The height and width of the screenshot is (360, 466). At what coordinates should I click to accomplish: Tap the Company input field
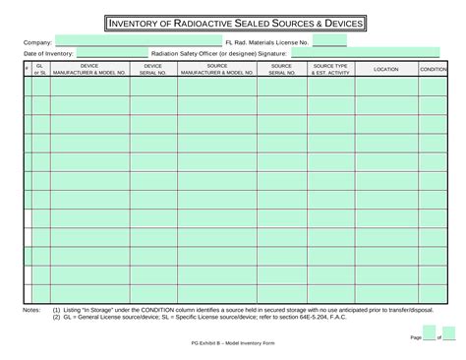pyautogui.click(x=138, y=42)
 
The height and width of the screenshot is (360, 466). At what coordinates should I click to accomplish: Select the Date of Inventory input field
pyautogui.click(x=112, y=54)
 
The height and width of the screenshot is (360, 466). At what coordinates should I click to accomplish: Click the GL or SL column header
pyautogui.click(x=40, y=70)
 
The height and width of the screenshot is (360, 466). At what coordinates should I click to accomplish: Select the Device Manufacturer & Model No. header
pyautogui.click(x=89, y=70)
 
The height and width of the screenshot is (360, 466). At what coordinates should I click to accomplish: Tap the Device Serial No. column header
pyautogui.click(x=152, y=70)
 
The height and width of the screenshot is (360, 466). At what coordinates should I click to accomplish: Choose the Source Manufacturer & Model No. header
pyautogui.click(x=217, y=70)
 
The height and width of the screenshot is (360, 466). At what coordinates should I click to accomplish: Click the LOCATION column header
pyautogui.click(x=386, y=70)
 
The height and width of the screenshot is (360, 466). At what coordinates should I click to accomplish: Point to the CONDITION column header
pyautogui.click(x=434, y=70)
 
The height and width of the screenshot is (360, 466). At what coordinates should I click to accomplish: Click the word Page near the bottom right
pyautogui.click(x=414, y=336)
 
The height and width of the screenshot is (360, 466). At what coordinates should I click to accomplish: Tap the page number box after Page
pyautogui.click(x=429, y=335)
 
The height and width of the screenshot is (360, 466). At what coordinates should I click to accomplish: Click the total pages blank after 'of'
pyautogui.click(x=448, y=335)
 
